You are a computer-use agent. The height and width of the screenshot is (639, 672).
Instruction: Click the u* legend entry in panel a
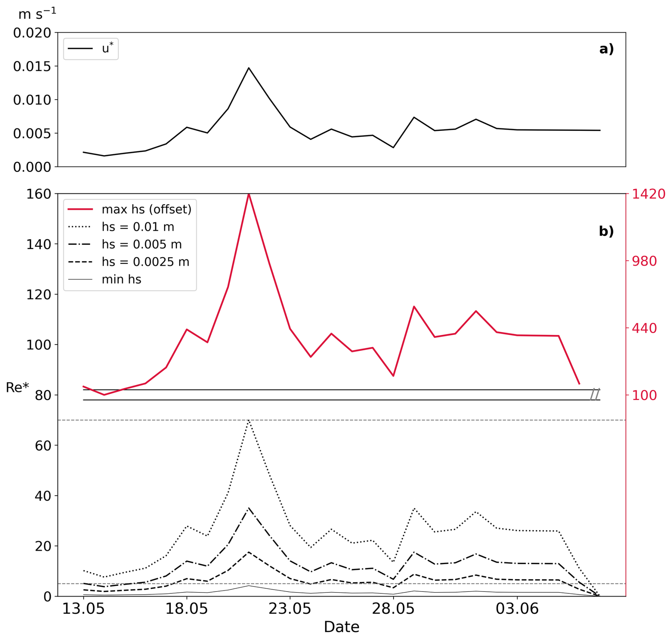click(x=91, y=48)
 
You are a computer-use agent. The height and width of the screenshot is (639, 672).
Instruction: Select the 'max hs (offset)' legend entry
click(x=129, y=209)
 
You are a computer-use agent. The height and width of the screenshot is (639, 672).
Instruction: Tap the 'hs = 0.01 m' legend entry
click(x=121, y=227)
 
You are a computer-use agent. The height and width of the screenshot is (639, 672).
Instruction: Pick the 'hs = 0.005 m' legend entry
click(x=124, y=244)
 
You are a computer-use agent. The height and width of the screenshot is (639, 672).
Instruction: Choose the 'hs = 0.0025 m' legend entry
click(x=128, y=262)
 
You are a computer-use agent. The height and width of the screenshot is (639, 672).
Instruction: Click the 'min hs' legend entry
click(x=104, y=279)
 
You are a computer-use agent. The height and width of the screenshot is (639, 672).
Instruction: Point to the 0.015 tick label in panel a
click(x=32, y=66)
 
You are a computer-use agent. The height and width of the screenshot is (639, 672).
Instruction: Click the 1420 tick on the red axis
click(x=648, y=194)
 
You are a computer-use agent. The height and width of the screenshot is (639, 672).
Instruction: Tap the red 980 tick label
click(x=644, y=261)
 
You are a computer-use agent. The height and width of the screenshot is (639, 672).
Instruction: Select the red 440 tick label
click(x=644, y=328)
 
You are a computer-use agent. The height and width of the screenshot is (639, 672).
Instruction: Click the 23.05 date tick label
click(x=290, y=609)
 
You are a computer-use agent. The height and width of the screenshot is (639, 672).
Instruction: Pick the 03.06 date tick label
click(x=517, y=609)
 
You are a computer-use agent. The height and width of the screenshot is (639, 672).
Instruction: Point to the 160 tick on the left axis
click(x=39, y=194)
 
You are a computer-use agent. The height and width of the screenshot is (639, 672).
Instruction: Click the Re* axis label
click(x=17, y=387)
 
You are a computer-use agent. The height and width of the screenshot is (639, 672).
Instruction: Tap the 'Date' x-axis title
click(x=341, y=627)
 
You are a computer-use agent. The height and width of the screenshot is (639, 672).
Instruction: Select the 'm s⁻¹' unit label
click(x=37, y=14)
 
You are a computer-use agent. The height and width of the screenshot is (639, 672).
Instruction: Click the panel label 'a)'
click(x=606, y=49)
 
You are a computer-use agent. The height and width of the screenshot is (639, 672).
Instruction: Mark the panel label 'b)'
click(x=606, y=231)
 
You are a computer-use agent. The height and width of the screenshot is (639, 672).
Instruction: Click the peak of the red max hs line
click(x=249, y=194)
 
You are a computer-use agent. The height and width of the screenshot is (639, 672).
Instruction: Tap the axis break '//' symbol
click(x=595, y=395)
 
